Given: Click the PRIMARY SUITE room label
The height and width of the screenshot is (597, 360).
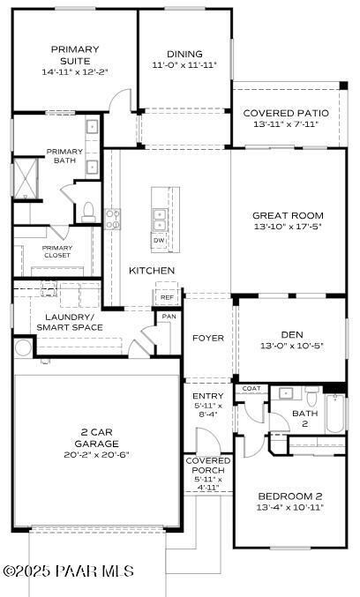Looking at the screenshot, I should (x=75, y=55).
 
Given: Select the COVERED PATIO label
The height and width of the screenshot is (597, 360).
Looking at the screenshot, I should (x=286, y=113).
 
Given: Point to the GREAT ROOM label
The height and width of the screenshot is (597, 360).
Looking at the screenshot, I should (x=288, y=215).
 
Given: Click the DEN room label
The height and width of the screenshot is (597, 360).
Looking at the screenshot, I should (x=292, y=334).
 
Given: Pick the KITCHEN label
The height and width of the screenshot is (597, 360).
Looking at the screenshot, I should (x=152, y=270).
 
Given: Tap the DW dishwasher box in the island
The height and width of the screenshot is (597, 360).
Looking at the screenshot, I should (x=159, y=240).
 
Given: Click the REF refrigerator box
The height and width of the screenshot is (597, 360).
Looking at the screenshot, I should (x=167, y=297).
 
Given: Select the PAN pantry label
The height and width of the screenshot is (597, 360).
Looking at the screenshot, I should (x=168, y=317).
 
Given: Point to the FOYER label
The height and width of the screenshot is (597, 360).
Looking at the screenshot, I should (x=208, y=338).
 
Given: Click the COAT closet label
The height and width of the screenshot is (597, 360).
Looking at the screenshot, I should (x=251, y=388).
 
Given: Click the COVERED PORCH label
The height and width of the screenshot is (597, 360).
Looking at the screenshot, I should (x=208, y=466).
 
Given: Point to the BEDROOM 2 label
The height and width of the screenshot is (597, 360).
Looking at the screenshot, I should (x=291, y=496).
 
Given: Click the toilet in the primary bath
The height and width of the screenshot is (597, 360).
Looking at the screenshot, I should (x=87, y=211).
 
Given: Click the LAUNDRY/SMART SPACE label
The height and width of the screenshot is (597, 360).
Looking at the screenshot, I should (x=70, y=322).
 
